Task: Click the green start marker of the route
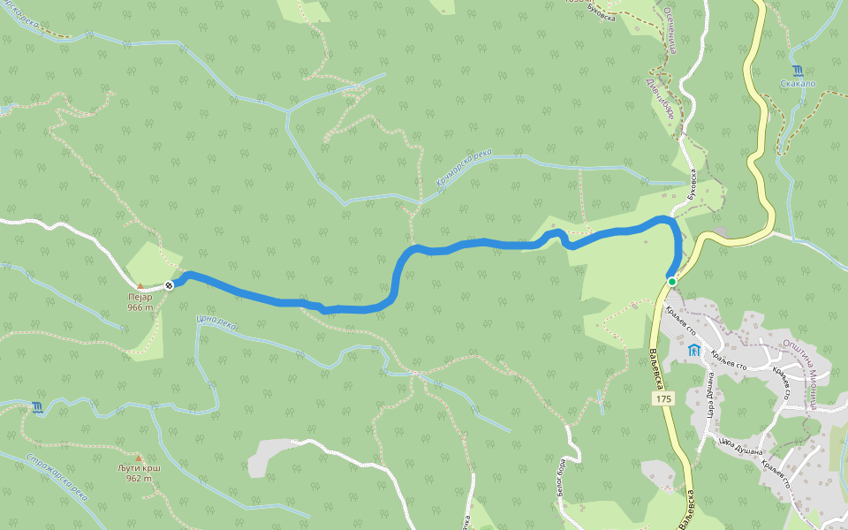click(672, 282)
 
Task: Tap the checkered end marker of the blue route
click(169, 284)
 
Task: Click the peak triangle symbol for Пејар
click(140, 286)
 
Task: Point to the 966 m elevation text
click(139, 308)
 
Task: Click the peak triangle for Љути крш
click(139, 458)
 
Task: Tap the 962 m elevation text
click(139, 479)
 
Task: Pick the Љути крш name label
click(139, 468)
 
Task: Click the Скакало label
click(798, 84)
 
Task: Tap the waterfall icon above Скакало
click(798, 71)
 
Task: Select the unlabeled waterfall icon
click(37, 407)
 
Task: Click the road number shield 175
click(664, 399)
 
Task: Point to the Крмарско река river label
click(463, 168)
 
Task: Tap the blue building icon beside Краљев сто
click(694, 351)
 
